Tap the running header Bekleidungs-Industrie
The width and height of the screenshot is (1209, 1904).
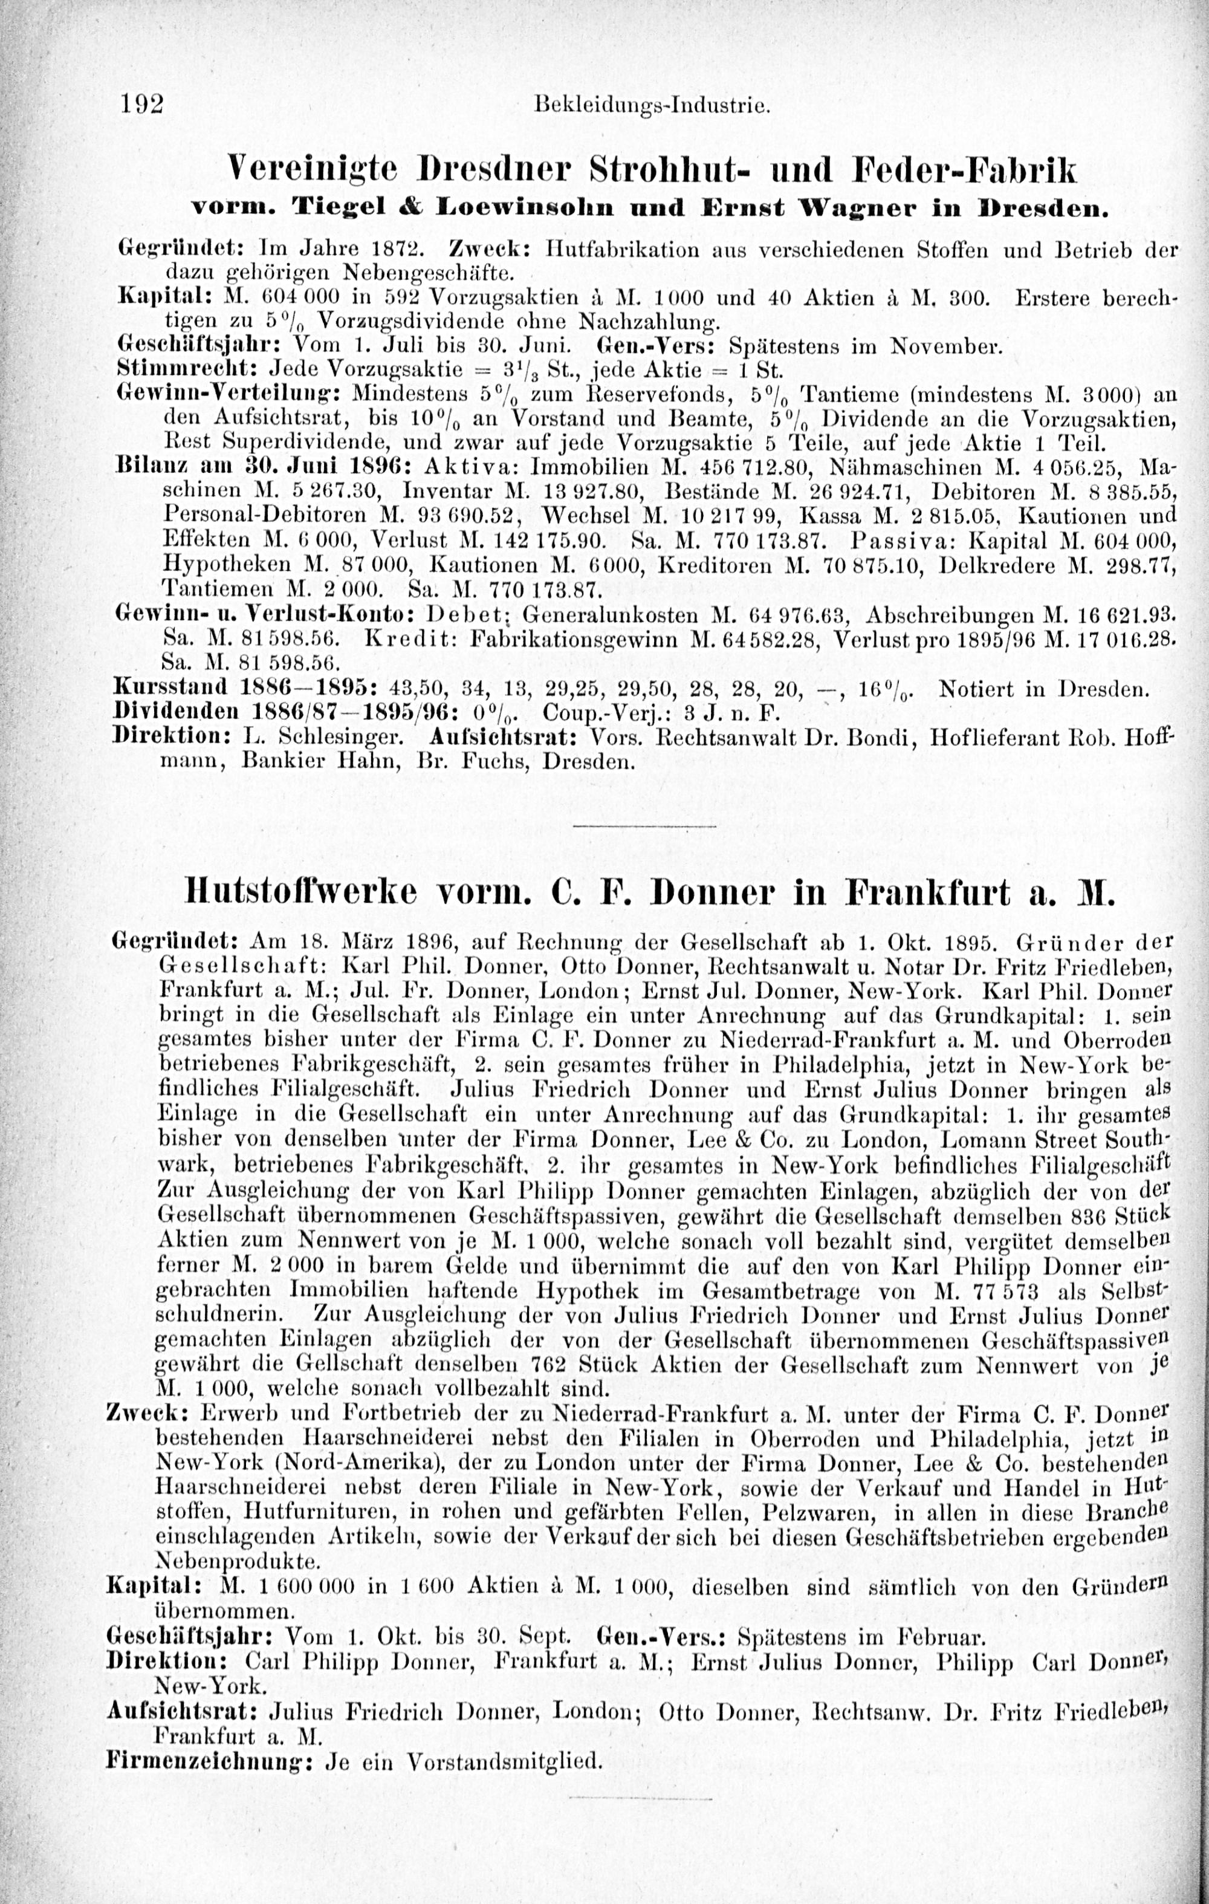[x=652, y=105]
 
